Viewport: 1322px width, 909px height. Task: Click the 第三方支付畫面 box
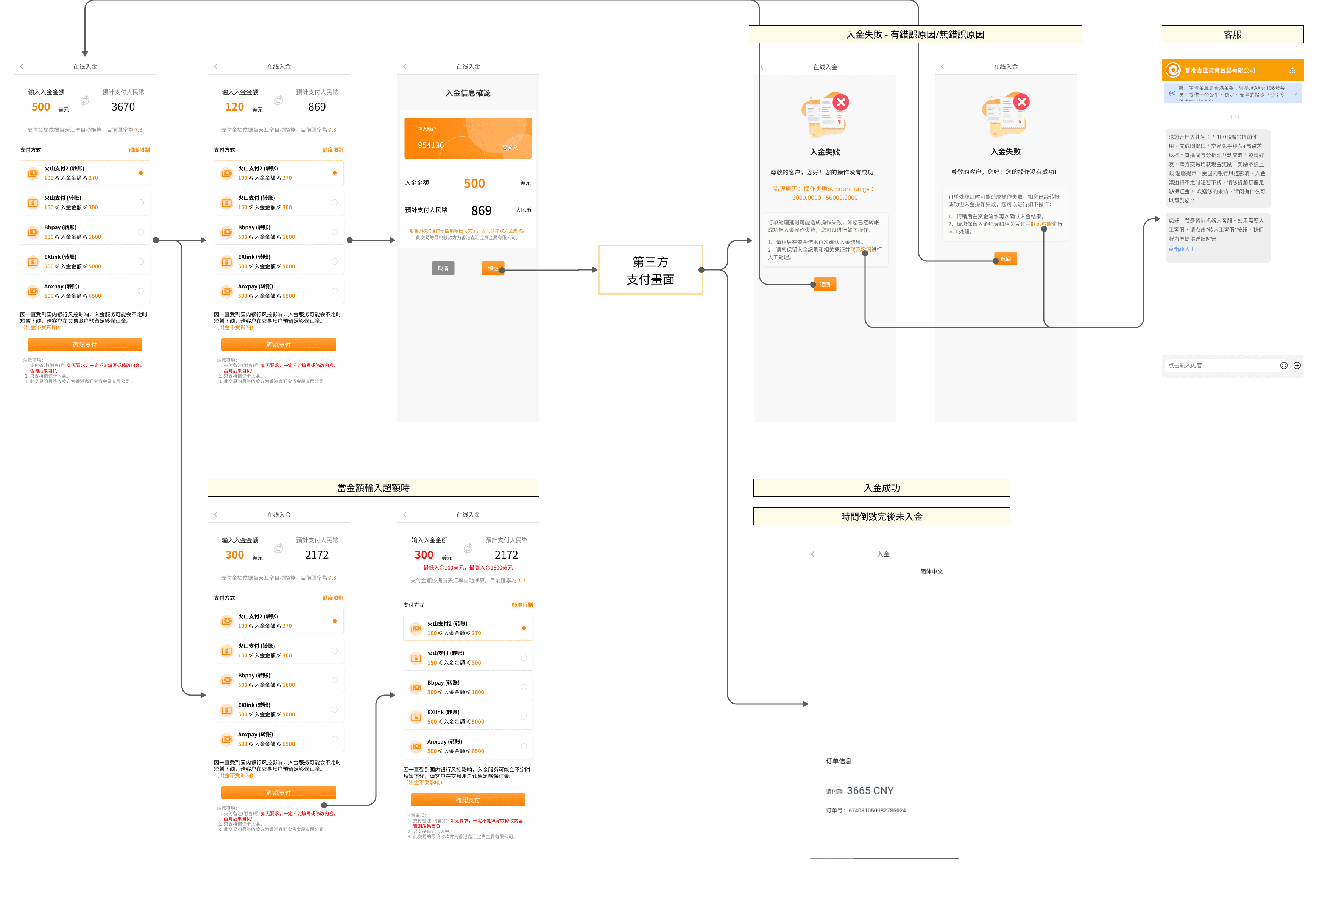click(650, 270)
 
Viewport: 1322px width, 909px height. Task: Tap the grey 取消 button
click(443, 268)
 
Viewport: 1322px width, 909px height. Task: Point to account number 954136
click(431, 145)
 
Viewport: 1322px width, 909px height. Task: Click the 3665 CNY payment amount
click(870, 791)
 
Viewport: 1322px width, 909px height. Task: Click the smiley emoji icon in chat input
click(1283, 366)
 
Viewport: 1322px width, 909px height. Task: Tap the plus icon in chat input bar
click(1297, 366)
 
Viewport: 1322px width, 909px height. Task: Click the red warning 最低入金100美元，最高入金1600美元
click(468, 568)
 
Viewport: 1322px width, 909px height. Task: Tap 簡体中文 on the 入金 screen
click(931, 571)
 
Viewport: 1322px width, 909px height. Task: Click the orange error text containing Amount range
click(824, 193)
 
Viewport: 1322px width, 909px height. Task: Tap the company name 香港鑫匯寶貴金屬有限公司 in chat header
click(1219, 70)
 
